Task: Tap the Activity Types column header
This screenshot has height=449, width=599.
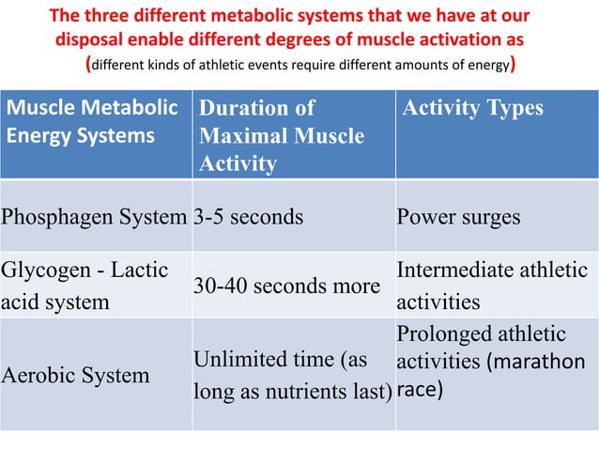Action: tap(471, 108)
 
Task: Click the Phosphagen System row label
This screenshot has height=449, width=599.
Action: tap(95, 217)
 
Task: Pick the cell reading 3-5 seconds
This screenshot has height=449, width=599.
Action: tap(249, 217)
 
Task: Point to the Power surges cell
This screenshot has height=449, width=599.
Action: tap(458, 217)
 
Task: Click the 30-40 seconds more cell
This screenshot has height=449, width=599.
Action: tap(286, 286)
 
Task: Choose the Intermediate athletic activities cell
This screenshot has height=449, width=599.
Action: tap(492, 286)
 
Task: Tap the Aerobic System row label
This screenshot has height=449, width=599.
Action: tap(75, 375)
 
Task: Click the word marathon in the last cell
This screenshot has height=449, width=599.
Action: tap(543, 362)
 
